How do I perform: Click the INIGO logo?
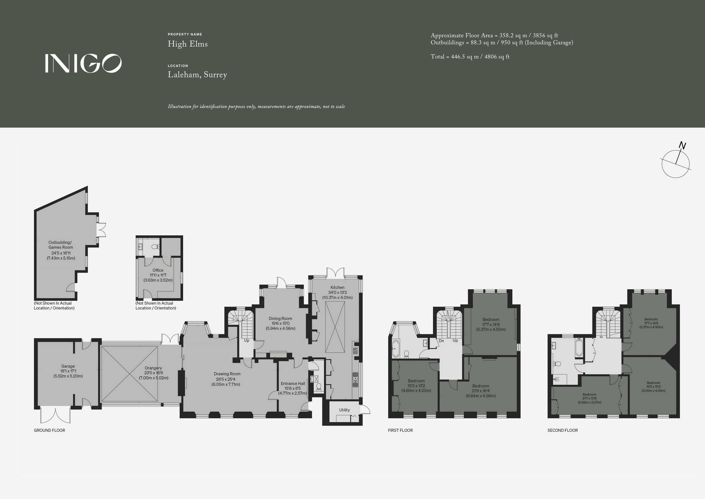point(83,63)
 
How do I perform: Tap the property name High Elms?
point(188,44)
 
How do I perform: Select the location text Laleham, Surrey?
point(197,75)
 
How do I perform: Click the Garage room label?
point(68,366)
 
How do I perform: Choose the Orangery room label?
point(153,368)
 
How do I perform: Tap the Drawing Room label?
point(227,374)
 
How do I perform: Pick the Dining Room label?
point(280,319)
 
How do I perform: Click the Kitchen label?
point(337,287)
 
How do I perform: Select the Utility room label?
point(345,410)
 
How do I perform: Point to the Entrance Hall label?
point(293,384)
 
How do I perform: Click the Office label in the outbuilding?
point(158,270)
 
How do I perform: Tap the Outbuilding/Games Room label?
point(61,245)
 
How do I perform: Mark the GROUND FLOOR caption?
point(49,431)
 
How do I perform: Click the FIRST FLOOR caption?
point(400,431)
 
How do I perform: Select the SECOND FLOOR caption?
point(562,431)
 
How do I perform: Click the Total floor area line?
point(470,56)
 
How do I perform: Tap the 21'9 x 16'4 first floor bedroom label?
point(481,391)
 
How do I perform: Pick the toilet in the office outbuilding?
point(155,246)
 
